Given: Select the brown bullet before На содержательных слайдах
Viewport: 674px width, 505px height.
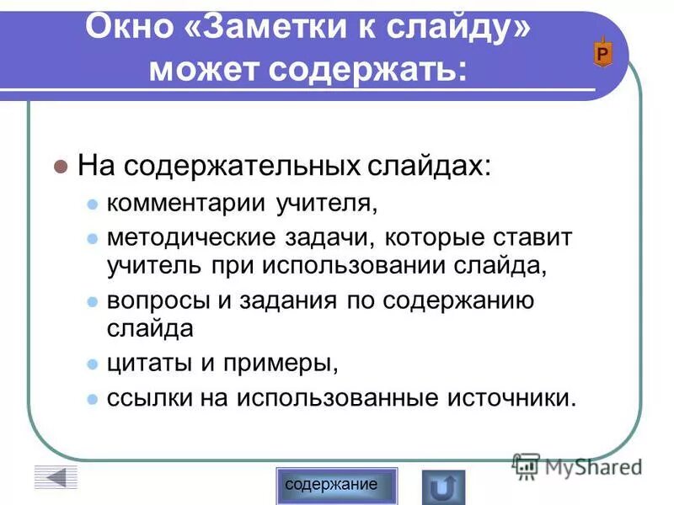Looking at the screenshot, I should pos(59,167).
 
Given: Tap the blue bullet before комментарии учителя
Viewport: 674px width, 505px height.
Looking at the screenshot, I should pos(93,205).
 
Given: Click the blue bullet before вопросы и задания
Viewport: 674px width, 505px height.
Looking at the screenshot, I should pos(93,300).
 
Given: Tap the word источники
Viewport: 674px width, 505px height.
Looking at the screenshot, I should pos(505,396).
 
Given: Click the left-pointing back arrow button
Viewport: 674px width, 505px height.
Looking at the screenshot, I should pos(56,478).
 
